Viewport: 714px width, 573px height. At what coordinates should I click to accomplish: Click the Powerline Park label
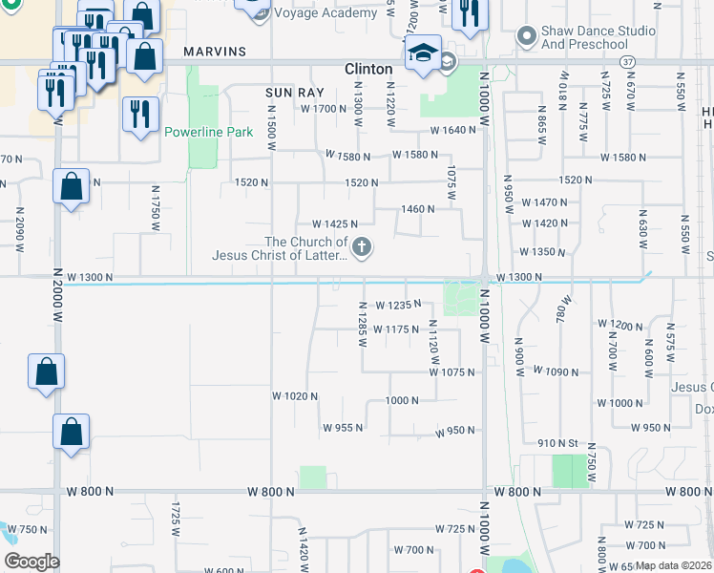tap(208, 132)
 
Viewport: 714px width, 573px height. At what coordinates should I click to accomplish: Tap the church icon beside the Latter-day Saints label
tap(361, 248)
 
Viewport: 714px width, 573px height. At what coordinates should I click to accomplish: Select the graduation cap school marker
tap(423, 56)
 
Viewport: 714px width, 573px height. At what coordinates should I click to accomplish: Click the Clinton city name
tap(367, 69)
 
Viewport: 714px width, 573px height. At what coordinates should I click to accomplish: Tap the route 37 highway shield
tap(626, 61)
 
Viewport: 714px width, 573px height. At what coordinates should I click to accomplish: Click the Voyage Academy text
tap(325, 13)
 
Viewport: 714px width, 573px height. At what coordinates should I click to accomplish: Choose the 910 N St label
tap(558, 443)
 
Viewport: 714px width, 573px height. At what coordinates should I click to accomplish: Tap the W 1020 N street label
tap(294, 395)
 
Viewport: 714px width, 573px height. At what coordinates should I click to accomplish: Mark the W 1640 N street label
tap(452, 130)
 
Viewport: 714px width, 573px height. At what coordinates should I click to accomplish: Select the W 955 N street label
tap(343, 428)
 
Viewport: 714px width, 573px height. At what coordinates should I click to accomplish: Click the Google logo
tap(31, 562)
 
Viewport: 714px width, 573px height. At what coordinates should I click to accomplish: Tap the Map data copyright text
tap(674, 565)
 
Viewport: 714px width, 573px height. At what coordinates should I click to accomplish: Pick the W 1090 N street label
tap(556, 371)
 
